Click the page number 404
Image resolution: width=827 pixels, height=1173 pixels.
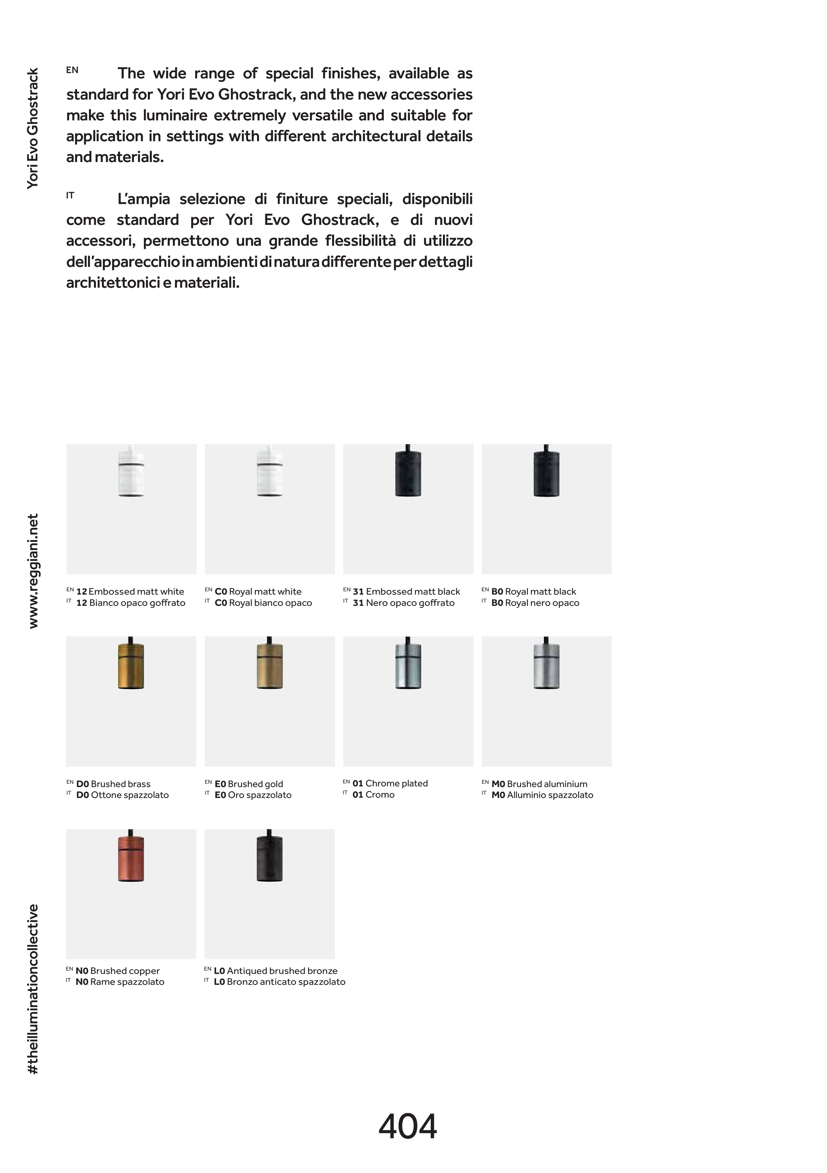pos(407,1126)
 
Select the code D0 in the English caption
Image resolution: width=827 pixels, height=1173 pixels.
pos(82,784)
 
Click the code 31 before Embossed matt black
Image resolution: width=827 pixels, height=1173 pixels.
pos(358,592)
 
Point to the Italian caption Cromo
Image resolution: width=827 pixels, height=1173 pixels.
pos(380,795)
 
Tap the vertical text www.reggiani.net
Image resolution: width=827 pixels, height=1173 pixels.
pos(33,571)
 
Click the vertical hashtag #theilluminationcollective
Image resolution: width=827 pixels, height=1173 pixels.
pos(33,989)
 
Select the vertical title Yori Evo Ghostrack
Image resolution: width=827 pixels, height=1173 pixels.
pos(33,128)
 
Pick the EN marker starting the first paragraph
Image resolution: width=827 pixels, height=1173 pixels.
pos(72,70)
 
